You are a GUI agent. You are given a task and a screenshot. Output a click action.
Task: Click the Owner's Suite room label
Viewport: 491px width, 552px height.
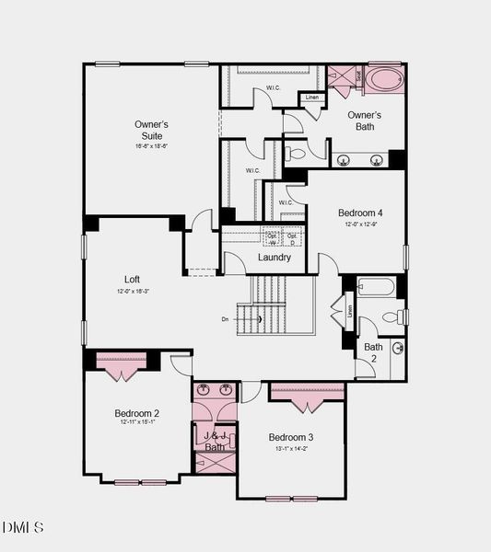point(151,130)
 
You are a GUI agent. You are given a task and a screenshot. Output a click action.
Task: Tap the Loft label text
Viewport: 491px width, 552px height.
point(133,280)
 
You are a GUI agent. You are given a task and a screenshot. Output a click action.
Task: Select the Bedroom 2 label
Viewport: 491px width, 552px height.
point(137,413)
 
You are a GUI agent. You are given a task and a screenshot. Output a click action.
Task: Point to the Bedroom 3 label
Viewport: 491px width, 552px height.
point(291,437)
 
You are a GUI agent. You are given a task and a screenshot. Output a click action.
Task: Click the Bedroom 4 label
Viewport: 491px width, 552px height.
point(359,213)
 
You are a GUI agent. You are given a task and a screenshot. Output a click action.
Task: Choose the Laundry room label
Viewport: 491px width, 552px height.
point(275,258)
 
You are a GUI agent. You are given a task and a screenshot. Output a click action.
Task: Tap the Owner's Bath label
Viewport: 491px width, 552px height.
point(365,121)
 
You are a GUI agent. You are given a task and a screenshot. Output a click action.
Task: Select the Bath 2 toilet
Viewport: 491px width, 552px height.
point(392,317)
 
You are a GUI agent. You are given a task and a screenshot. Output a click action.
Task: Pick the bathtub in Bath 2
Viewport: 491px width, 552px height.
point(376,287)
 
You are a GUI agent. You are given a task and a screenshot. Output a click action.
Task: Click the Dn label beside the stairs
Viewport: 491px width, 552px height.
point(225,319)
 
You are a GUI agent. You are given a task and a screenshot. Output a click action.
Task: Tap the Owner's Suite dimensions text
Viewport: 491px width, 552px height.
point(151,146)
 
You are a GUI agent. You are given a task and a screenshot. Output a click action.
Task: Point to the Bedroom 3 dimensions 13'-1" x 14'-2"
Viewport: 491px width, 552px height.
point(291,449)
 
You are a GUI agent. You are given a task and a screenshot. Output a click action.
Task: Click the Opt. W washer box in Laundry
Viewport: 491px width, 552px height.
point(272,237)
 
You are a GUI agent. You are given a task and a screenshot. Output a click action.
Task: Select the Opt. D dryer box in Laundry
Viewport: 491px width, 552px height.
point(292,237)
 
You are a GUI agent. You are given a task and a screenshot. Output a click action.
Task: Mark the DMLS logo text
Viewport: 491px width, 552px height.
point(22,527)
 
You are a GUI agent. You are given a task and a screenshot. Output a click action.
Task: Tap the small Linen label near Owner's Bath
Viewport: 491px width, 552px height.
point(312,98)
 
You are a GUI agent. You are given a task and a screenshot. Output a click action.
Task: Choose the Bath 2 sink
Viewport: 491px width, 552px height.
point(397,348)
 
